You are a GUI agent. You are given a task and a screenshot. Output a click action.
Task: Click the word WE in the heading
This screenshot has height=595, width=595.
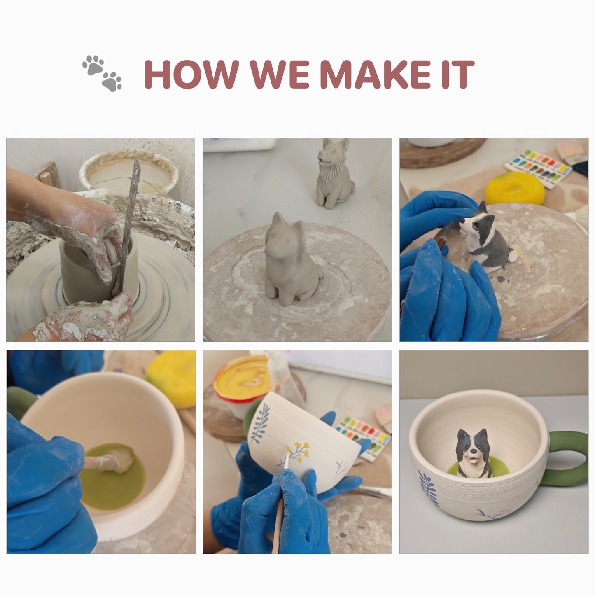[x=280, y=74]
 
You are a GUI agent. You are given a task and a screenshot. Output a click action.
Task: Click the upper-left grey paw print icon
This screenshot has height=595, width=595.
[x=93, y=65]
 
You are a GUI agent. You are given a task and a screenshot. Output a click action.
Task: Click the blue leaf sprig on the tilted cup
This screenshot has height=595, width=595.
[x=260, y=422]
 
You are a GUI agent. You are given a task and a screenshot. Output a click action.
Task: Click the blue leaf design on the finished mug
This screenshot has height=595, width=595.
[x=428, y=489]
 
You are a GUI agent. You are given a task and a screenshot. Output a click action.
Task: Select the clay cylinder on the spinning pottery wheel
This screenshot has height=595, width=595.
[x=99, y=268]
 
